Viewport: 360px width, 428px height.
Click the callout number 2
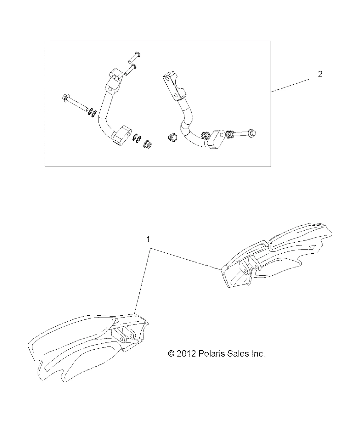click(x=320, y=75)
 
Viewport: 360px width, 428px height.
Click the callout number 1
click(x=148, y=240)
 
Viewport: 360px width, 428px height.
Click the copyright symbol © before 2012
click(x=171, y=354)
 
